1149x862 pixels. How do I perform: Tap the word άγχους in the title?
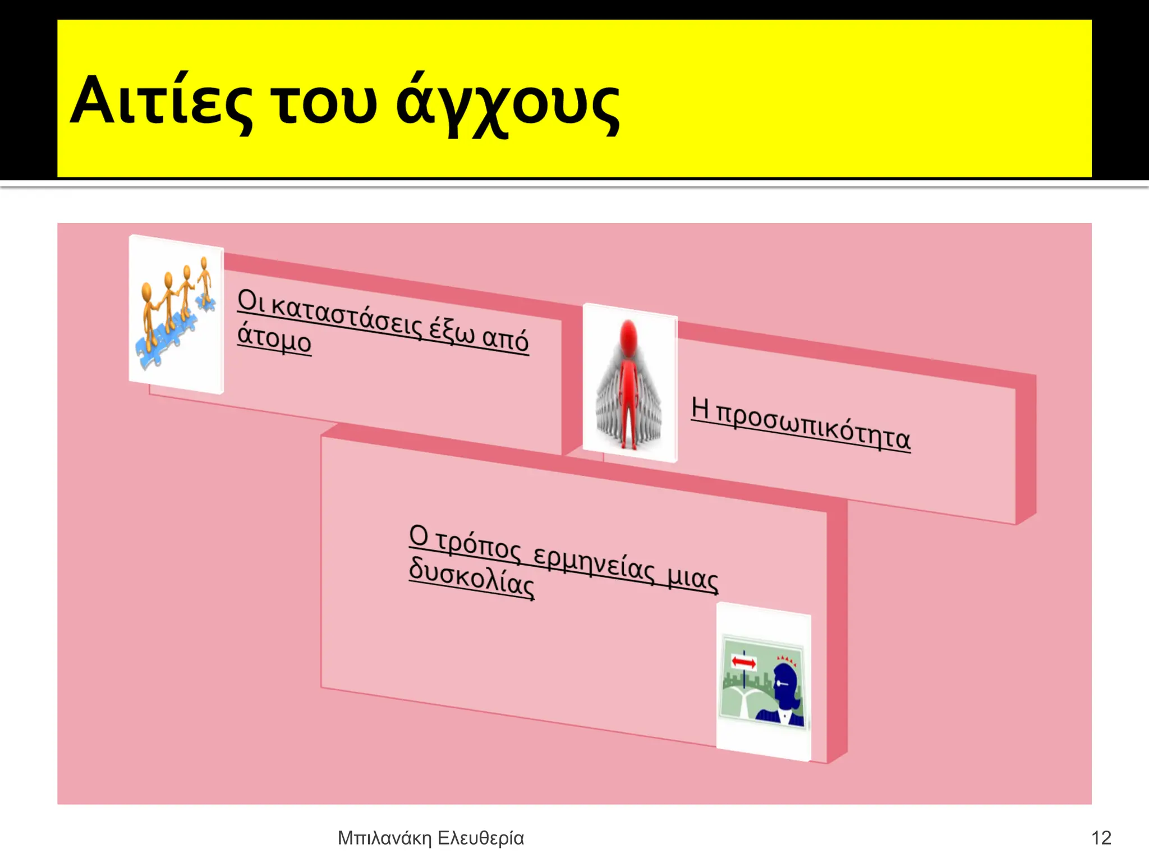tap(508, 104)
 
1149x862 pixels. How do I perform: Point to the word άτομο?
tap(274, 338)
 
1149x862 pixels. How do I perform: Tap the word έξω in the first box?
tap(452, 331)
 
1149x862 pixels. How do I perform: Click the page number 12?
tap(1101, 838)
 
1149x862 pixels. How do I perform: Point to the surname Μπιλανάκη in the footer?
tap(384, 838)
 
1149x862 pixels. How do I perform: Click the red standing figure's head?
tap(629, 332)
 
